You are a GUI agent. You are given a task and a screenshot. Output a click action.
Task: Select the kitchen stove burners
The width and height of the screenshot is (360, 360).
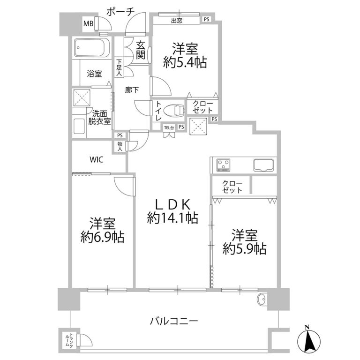[224, 165]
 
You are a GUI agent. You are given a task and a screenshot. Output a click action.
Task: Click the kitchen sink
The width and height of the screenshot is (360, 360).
[264, 165]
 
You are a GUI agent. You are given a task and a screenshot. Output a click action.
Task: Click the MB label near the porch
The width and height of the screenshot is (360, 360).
[88, 23]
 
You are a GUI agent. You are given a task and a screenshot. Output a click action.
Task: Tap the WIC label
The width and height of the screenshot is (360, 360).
[97, 159]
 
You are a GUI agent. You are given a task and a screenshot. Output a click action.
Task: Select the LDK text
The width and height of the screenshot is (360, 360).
[172, 204]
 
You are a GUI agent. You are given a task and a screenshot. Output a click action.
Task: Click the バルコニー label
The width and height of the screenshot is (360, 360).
[174, 321]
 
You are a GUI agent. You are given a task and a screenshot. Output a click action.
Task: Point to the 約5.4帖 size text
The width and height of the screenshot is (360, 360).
[185, 62]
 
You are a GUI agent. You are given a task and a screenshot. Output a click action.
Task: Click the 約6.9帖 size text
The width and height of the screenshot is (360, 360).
[102, 237]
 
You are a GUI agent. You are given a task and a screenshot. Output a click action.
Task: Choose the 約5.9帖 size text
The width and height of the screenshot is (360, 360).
[244, 248]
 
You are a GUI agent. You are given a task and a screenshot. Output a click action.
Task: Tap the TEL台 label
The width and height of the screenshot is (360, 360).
[169, 127]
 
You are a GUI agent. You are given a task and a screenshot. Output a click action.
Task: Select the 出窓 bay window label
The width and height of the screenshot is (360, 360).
[177, 21]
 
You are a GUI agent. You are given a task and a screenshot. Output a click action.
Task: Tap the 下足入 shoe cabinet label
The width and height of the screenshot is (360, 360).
[119, 67]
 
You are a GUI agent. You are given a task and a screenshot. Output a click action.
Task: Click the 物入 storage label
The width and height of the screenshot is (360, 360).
[120, 146]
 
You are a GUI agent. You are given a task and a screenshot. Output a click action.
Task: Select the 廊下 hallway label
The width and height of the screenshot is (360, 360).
[132, 90]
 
